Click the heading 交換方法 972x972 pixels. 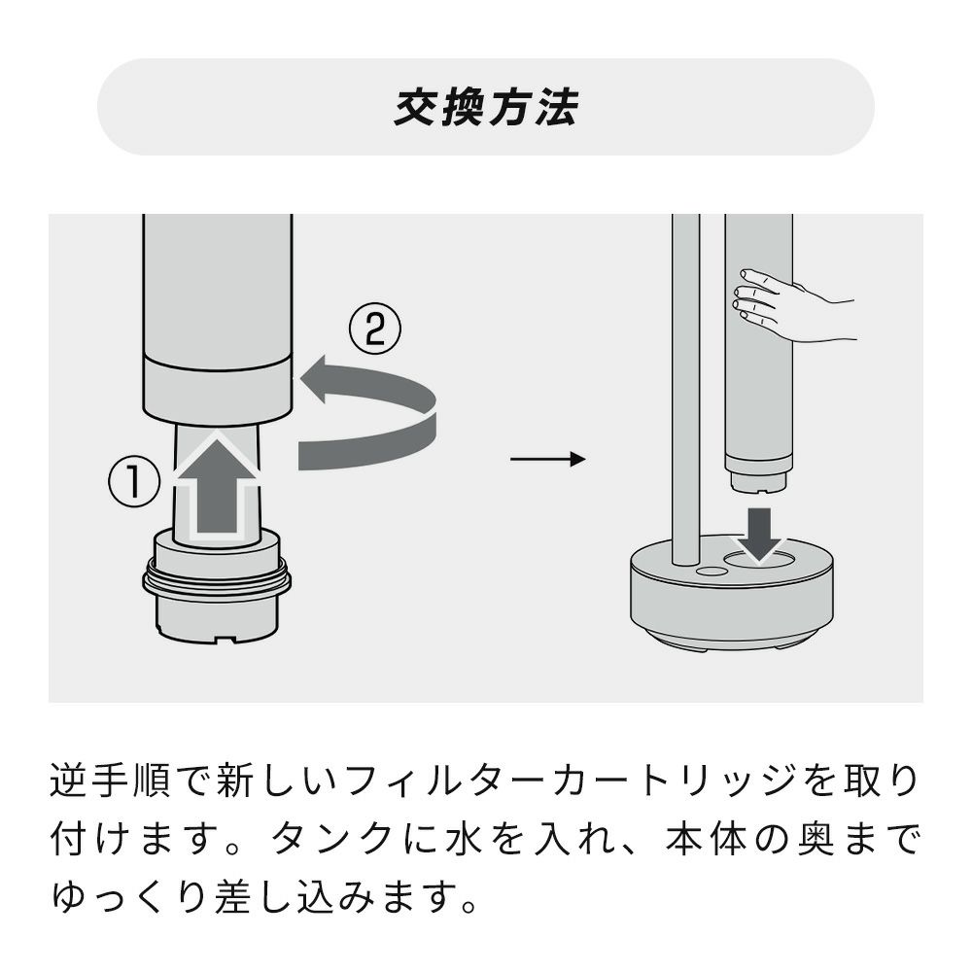[x=486, y=107]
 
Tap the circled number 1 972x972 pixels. [x=134, y=482]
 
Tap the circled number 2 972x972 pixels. [x=375, y=330]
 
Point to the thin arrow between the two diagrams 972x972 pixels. [x=548, y=460]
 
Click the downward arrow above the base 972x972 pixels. [x=761, y=535]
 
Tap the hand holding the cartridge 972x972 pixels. [x=793, y=305]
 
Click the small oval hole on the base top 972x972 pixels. [x=712, y=569]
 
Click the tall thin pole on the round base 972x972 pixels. [x=686, y=390]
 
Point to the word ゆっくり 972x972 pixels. [x=127, y=897]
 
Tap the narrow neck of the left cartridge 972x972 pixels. [x=217, y=483]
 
